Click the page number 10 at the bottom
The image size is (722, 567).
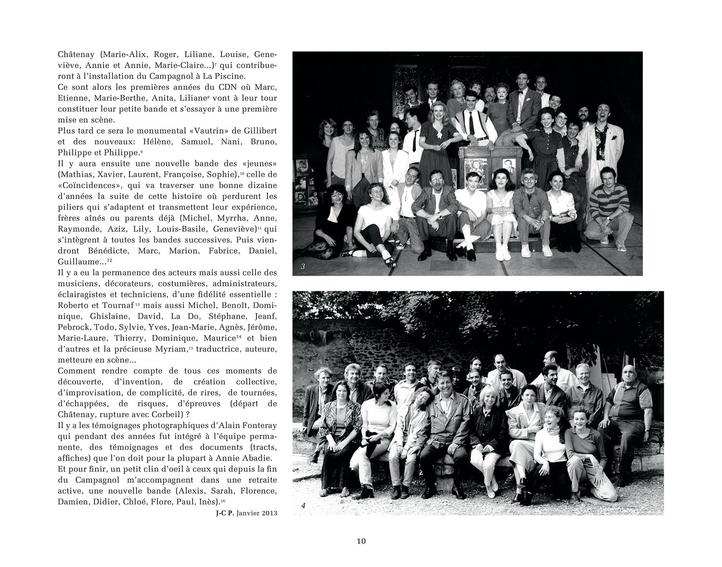coord(361,541)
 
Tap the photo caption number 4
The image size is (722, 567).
coord(303,505)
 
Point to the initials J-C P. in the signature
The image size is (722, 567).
coord(225,513)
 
